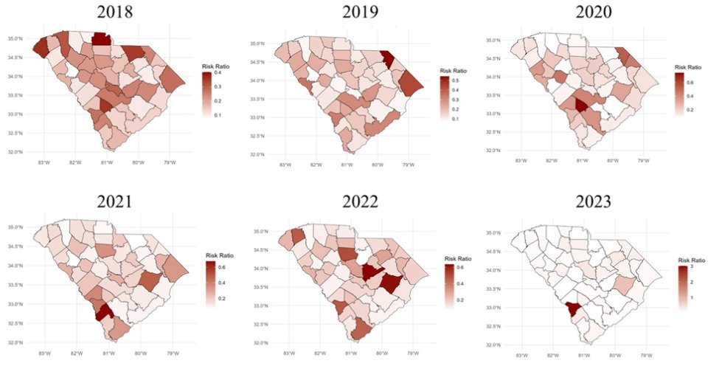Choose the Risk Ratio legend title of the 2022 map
459,258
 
